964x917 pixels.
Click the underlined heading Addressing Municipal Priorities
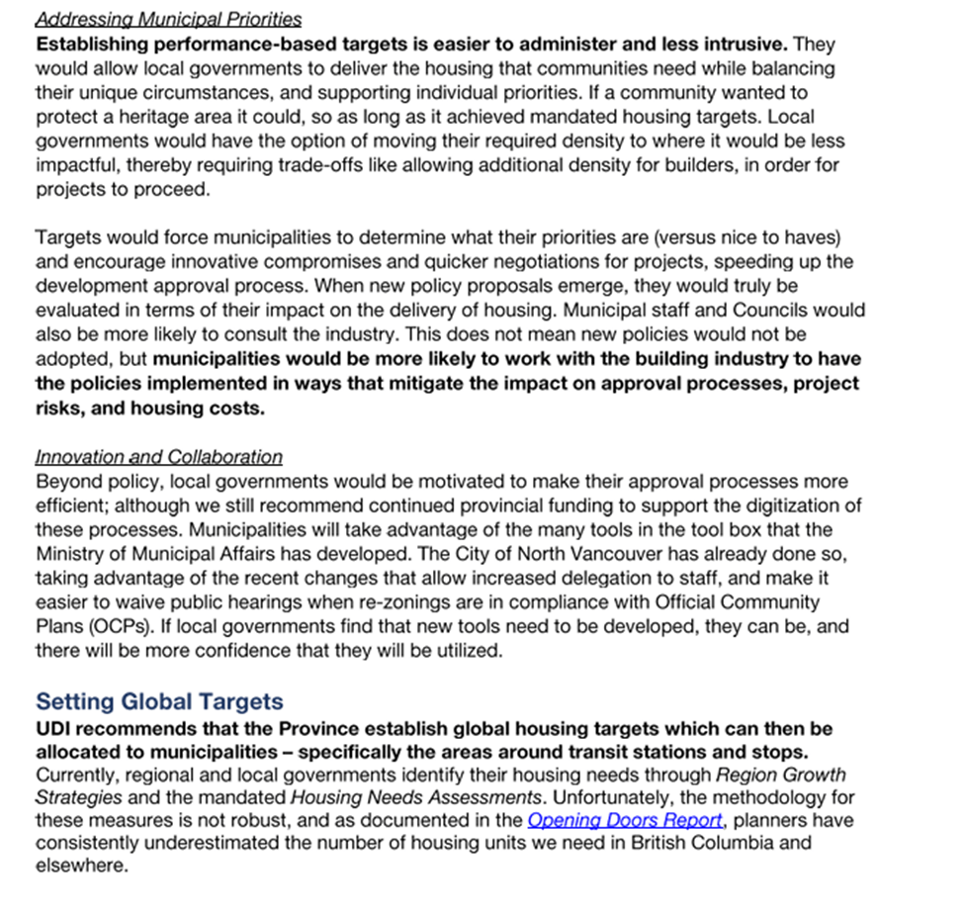[168, 20]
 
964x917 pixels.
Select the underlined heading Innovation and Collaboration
[158, 457]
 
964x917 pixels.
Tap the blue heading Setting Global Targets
[159, 702]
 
